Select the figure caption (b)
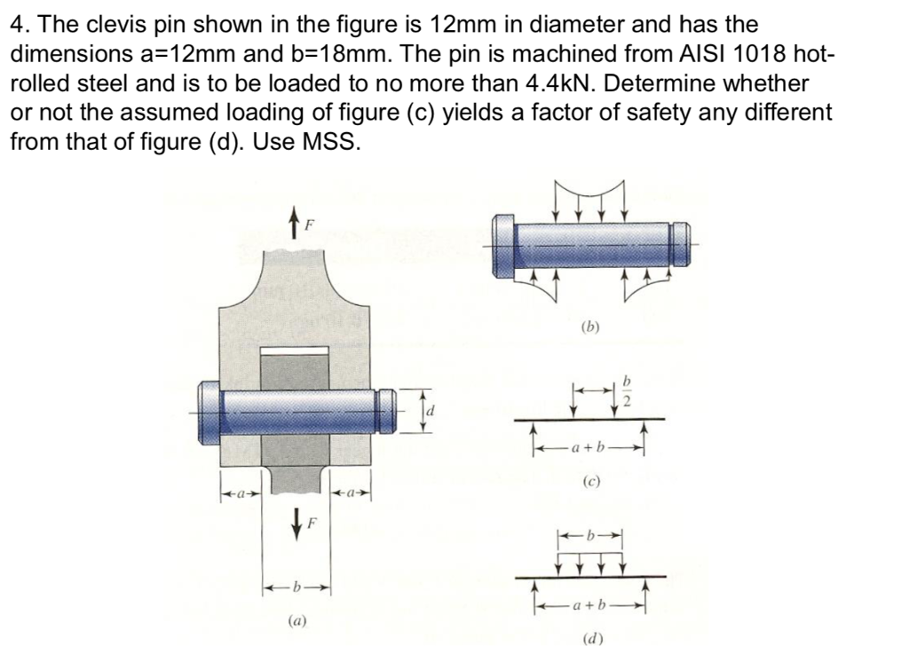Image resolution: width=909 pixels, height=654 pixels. [x=590, y=326]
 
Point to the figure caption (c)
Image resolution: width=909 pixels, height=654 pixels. [x=590, y=483]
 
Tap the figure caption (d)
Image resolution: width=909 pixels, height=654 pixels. [x=590, y=638]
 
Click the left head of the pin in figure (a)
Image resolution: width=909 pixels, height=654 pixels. [x=209, y=411]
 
